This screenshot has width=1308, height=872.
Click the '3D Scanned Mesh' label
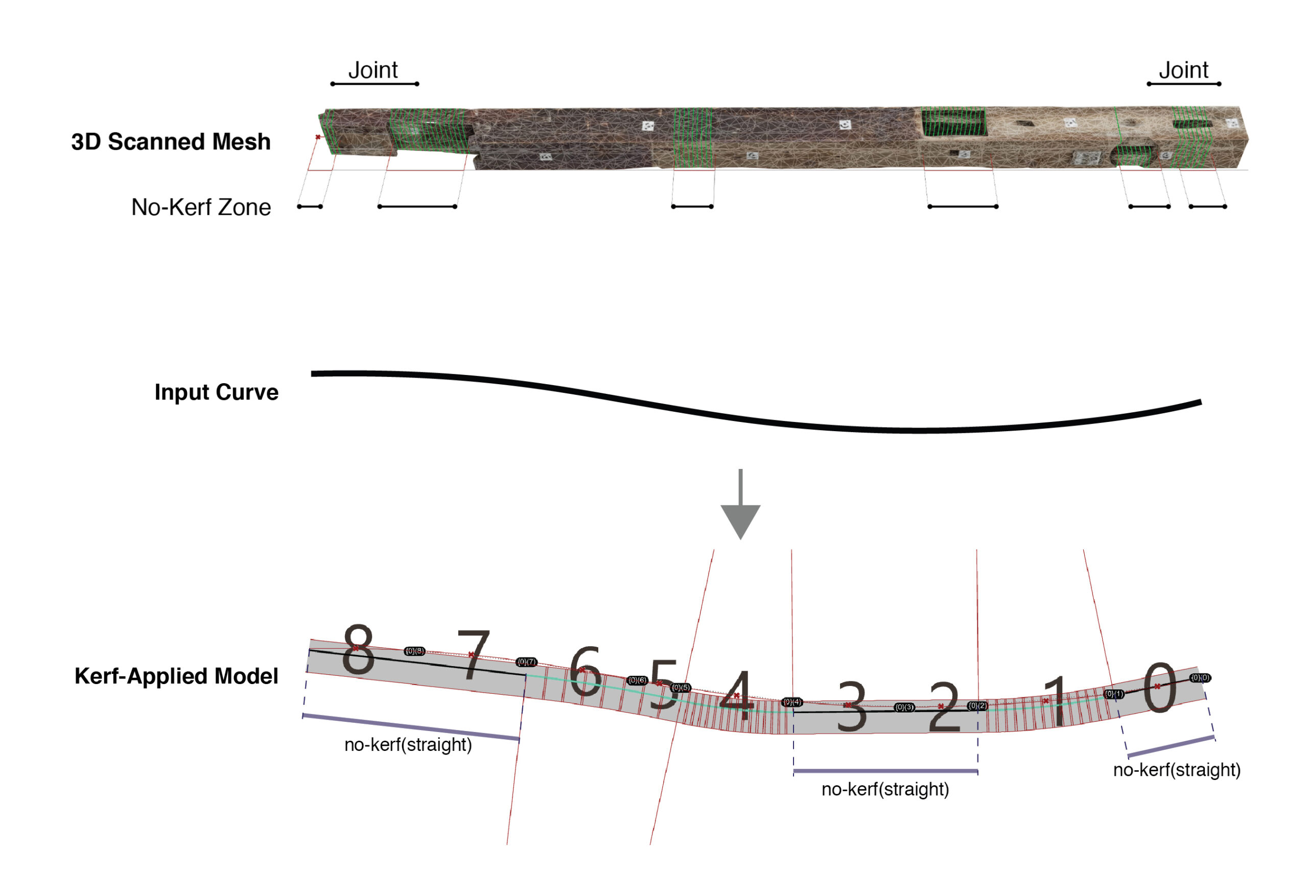tap(171, 142)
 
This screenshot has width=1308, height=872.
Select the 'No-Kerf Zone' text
tap(201, 207)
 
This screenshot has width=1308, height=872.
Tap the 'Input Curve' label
tap(216, 392)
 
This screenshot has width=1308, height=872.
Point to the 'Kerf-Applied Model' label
tap(176, 676)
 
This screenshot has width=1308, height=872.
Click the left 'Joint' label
tap(372, 70)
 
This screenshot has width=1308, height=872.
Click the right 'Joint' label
tap(1183, 70)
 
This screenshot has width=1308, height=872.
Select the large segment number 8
tap(358, 650)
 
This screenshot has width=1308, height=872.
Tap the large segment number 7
tap(473, 654)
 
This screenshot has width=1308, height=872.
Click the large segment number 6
tap(585, 672)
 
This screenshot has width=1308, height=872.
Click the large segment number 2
tap(944, 707)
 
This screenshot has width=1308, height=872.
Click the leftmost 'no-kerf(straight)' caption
tap(408, 745)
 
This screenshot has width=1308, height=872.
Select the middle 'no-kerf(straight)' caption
tap(885, 790)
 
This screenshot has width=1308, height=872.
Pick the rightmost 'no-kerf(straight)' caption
tap(1176, 770)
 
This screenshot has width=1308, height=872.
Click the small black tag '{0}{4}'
tap(792, 702)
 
